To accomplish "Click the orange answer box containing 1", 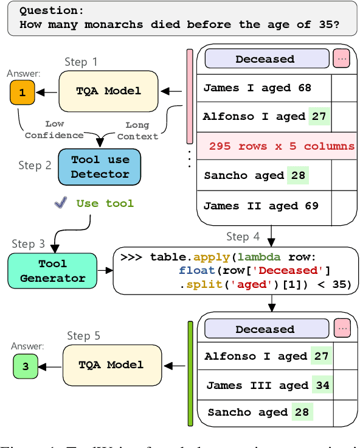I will coord(22,93).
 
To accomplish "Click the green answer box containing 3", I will coord(25,366).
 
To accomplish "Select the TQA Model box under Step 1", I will coord(108,91).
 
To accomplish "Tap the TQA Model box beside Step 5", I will coord(111,365).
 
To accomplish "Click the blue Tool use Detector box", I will coord(100,167).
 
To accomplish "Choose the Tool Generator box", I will coord(53,271).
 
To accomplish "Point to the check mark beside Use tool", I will coord(60,203).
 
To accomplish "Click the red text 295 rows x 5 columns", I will coord(281,146).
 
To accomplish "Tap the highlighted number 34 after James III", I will coord(322,385).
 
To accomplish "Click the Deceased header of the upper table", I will coord(265,59).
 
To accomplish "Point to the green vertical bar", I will coord(190,373).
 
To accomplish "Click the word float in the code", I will coord(193,270).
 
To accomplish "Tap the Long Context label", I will coord(137,131).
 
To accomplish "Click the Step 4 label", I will coord(243,236).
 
